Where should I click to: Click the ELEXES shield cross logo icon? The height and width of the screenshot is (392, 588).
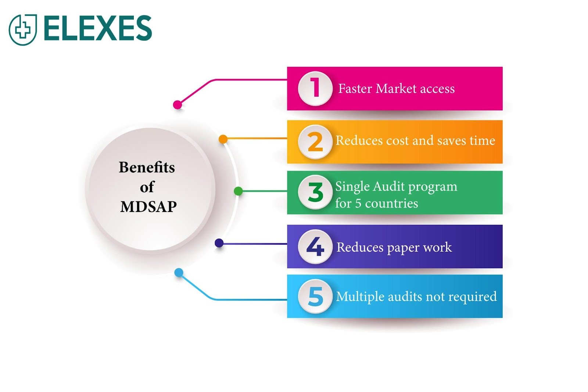(23, 29)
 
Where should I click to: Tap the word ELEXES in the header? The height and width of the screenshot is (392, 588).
(98, 28)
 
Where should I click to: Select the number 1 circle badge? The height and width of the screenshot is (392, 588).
(315, 89)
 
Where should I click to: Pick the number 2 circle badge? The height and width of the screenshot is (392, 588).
(315, 142)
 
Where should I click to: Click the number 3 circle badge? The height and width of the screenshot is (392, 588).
(315, 192)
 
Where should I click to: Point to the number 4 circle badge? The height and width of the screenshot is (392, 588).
(315, 247)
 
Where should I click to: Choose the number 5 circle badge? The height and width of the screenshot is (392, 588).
(315, 296)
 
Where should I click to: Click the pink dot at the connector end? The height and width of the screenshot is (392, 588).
(178, 105)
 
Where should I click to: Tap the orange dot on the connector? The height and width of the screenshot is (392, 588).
(223, 139)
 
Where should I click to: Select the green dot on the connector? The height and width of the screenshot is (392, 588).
(238, 191)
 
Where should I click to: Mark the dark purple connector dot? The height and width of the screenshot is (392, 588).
(219, 243)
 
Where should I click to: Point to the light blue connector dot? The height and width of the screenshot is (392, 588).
(179, 273)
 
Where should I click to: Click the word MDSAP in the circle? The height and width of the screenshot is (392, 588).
(148, 206)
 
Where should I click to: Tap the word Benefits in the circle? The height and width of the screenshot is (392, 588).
(147, 168)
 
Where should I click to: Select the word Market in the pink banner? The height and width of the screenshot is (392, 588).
(396, 89)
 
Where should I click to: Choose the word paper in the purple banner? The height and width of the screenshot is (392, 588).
(403, 248)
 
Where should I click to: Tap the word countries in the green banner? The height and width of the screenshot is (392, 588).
(391, 203)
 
